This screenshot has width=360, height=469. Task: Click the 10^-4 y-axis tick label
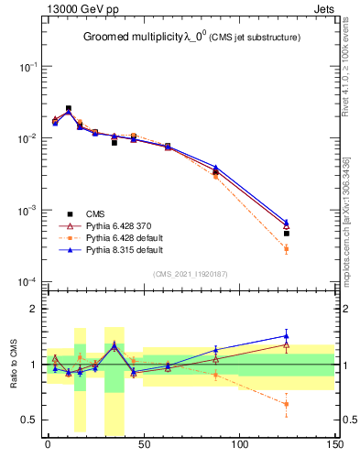click(27, 281)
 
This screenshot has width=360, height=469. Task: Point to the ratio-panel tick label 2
click(35, 310)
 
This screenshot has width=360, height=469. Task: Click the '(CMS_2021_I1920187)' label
click(190, 273)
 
